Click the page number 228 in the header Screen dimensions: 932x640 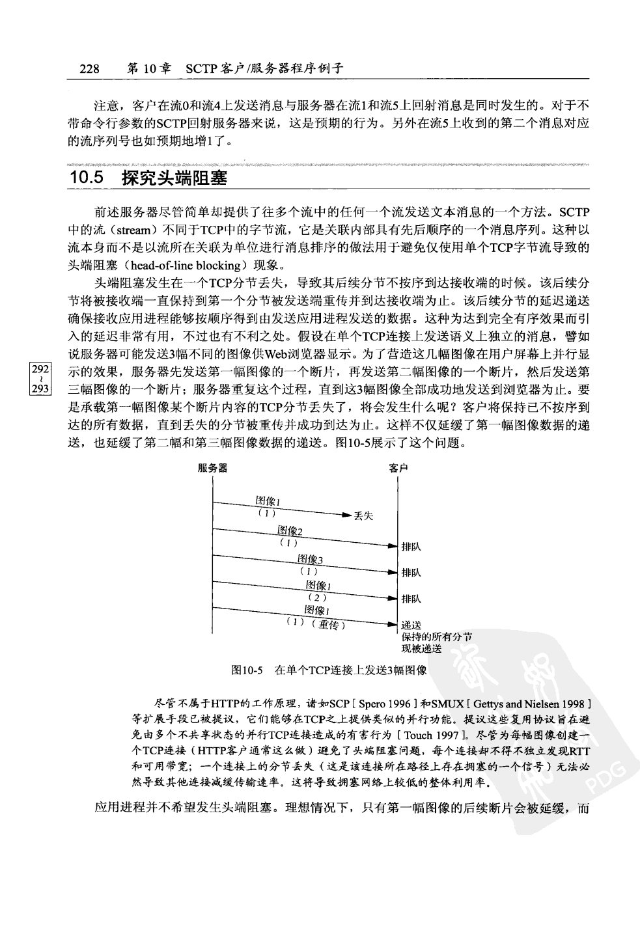click(x=89, y=68)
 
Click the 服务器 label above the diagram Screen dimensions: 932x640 click(x=213, y=469)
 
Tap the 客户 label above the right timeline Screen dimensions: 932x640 click(x=398, y=469)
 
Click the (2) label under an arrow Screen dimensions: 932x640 click(x=317, y=597)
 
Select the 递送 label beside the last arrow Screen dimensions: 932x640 click(x=411, y=625)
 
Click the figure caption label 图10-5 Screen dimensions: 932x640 click(x=247, y=669)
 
